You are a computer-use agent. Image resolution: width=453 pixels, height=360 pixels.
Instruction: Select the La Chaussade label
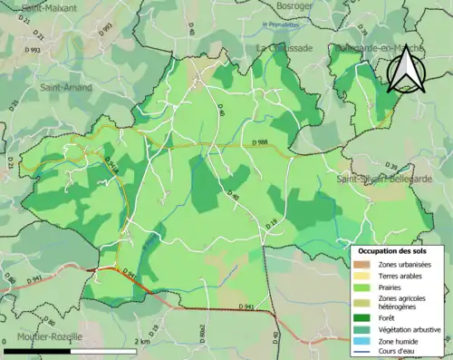click(x=284, y=47)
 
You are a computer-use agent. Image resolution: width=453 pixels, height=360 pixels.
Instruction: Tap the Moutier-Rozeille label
click(x=43, y=336)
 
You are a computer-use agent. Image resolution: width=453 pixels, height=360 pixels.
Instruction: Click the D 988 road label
click(x=256, y=143)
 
